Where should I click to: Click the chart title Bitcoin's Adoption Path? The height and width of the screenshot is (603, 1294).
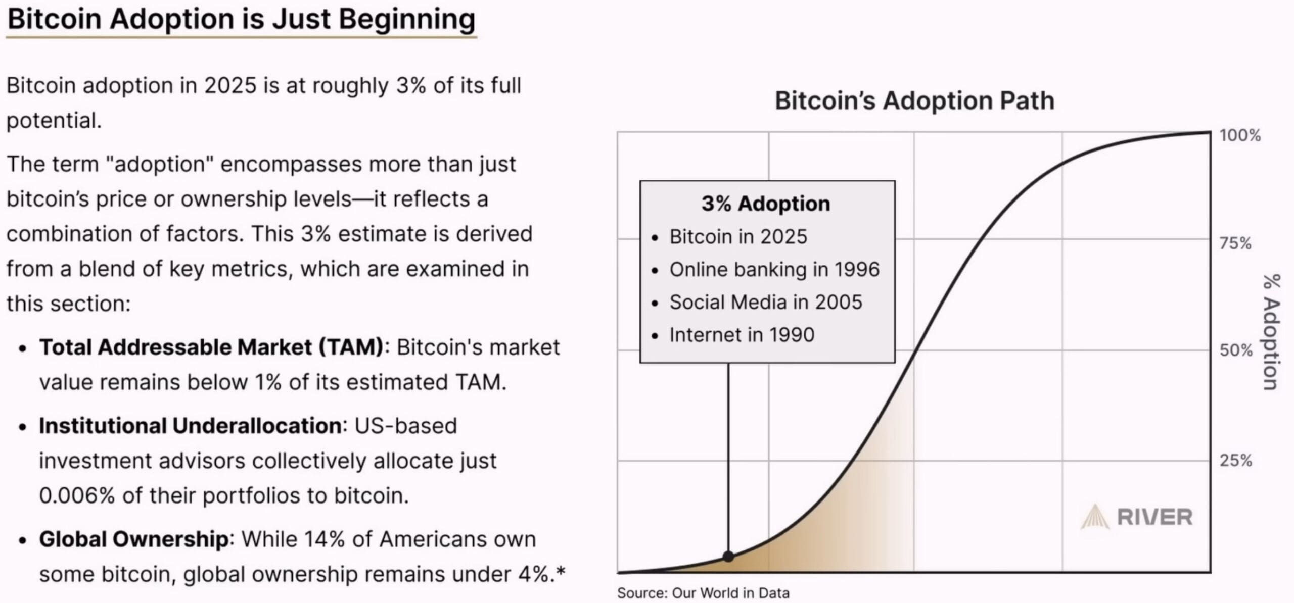coord(914,100)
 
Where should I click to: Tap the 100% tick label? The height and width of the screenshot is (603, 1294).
coord(1240,135)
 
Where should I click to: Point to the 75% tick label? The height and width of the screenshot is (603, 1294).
coord(1235,243)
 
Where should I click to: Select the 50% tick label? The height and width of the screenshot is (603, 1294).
coord(1236,350)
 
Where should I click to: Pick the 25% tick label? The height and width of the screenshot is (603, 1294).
coord(1236,460)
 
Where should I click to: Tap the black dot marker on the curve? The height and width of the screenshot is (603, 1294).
coord(728,557)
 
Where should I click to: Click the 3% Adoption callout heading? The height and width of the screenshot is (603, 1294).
coord(766,204)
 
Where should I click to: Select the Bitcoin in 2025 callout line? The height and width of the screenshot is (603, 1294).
coord(738,237)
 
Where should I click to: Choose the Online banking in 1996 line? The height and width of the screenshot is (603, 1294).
coord(774,270)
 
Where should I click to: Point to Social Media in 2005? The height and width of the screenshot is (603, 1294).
coord(766,303)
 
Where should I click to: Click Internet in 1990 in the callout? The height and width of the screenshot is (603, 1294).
coord(742,335)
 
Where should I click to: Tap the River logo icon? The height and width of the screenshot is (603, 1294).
coord(1095,517)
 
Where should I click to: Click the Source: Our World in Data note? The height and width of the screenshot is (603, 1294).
coord(703,593)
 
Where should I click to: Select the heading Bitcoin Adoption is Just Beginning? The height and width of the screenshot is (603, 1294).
coord(241,19)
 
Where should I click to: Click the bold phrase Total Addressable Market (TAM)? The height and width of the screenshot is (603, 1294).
coord(211,347)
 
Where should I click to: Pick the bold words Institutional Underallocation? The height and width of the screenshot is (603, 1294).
coord(190,426)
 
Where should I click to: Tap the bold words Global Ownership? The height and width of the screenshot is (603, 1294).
coord(134,539)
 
